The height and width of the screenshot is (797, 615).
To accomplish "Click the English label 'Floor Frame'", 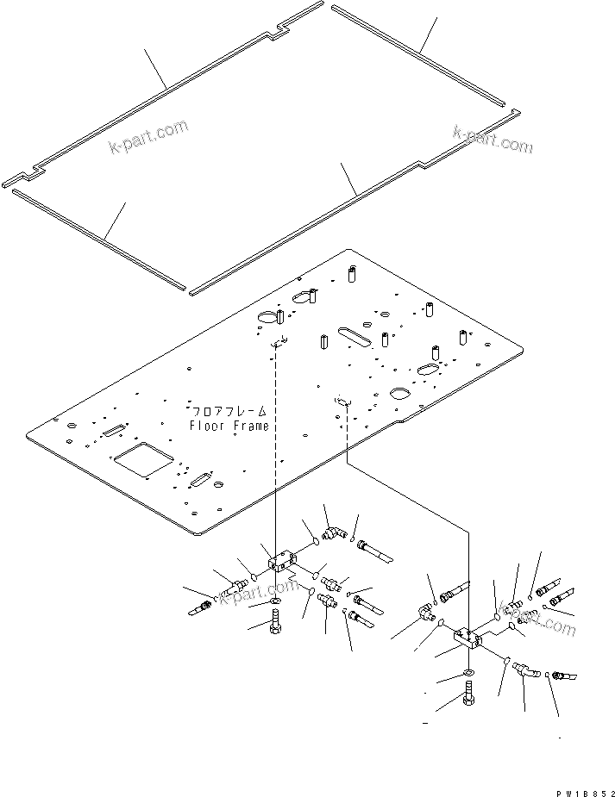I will click(x=229, y=426).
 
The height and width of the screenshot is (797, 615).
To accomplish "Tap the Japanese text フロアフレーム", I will click(x=229, y=412).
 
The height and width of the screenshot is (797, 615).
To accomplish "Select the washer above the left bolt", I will click(x=275, y=601).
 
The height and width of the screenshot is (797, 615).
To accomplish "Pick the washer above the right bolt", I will click(x=468, y=673).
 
